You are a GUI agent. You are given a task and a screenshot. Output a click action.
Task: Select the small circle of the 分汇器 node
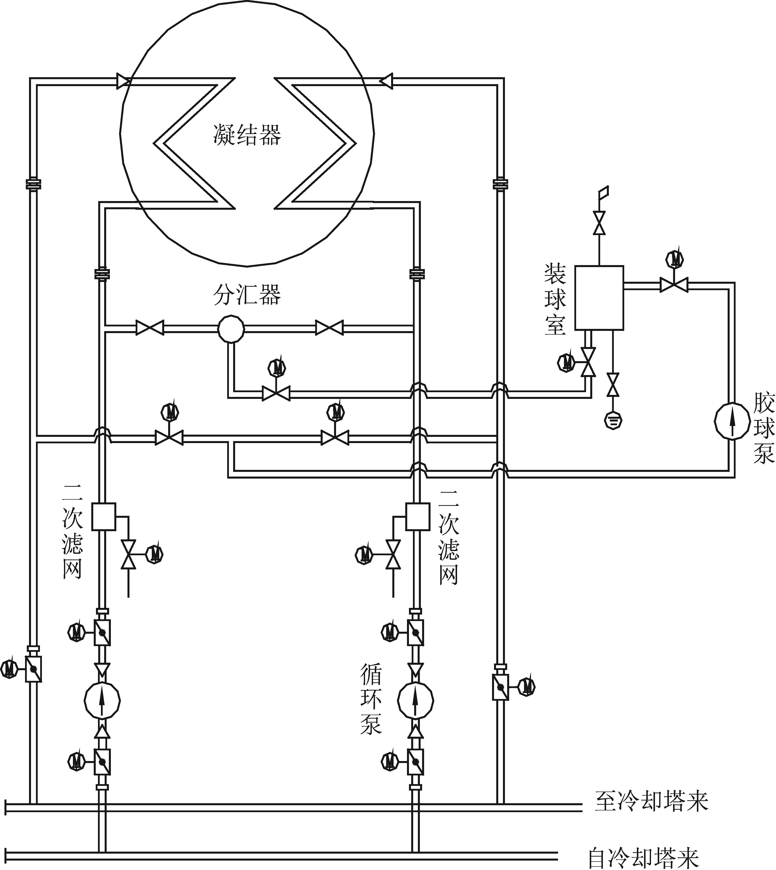click(231, 329)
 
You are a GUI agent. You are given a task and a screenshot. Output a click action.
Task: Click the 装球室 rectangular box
click(599, 298)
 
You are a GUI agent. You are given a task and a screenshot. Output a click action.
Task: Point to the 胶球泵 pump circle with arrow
click(732, 421)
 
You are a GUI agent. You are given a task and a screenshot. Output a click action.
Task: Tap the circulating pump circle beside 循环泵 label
click(416, 700)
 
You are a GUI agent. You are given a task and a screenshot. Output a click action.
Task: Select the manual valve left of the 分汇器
click(150, 328)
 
